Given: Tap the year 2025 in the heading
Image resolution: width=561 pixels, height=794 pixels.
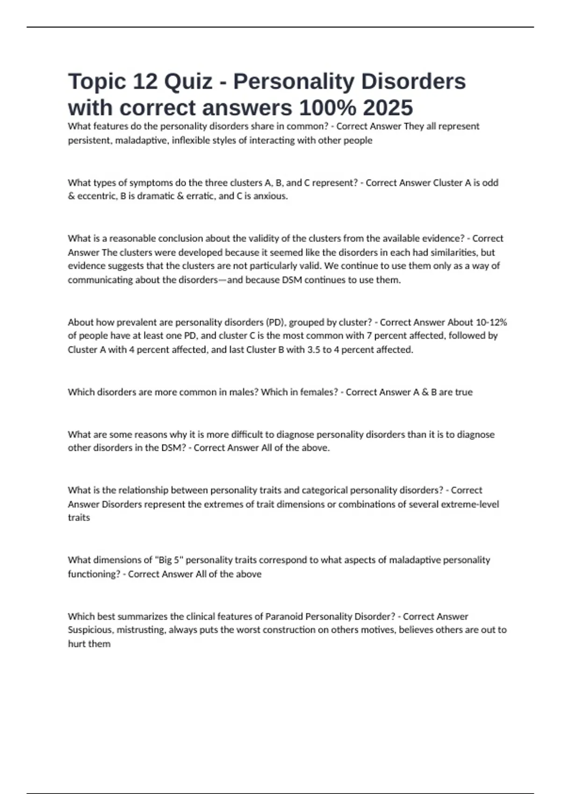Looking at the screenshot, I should tap(388, 108).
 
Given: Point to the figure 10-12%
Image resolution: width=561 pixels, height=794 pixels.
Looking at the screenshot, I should tap(491, 322).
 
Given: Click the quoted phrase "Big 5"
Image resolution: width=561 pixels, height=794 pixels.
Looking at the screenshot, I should tap(169, 560).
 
